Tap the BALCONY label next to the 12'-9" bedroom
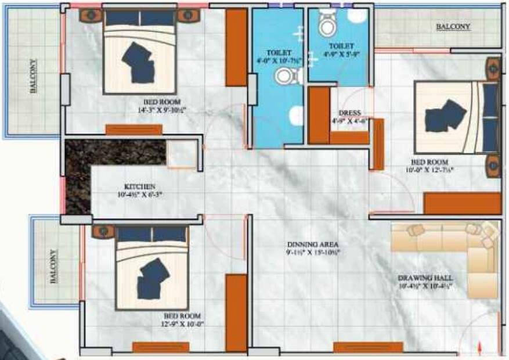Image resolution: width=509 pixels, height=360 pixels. click(x=53, y=267)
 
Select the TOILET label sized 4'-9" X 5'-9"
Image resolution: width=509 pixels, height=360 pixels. click(x=341, y=45)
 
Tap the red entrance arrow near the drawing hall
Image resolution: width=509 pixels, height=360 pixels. click(x=479, y=348)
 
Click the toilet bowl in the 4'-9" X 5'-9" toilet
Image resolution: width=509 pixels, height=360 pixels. click(x=327, y=23)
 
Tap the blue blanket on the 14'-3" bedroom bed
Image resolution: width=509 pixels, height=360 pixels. click(x=138, y=61)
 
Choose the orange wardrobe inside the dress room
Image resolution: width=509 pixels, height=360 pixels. click(x=319, y=115)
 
